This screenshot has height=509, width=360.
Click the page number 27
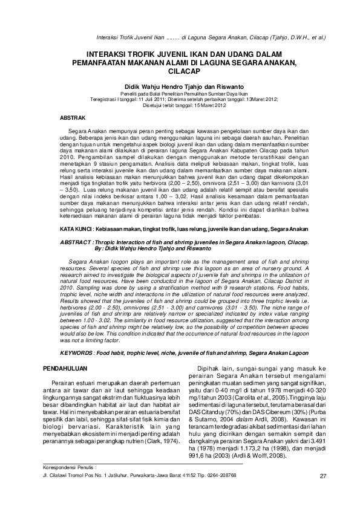[x=322, y=493]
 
